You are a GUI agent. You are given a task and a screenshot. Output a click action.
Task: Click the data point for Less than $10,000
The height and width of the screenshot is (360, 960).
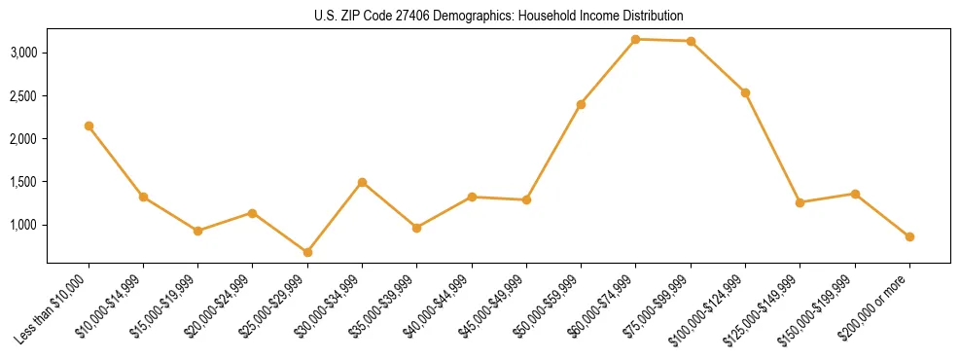point(89,126)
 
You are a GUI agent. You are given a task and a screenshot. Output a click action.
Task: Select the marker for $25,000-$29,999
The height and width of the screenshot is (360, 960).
point(307,252)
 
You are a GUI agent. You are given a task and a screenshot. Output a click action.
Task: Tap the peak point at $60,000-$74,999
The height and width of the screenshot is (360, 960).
point(635,39)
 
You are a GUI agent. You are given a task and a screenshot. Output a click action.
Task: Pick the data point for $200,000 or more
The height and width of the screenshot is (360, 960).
point(909,236)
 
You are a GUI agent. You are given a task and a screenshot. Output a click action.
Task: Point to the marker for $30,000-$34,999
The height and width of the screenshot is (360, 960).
point(362,182)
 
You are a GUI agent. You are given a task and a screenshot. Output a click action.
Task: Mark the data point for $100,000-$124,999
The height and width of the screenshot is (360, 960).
point(745,92)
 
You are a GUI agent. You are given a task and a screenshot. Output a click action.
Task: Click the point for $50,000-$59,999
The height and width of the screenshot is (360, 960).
point(581,104)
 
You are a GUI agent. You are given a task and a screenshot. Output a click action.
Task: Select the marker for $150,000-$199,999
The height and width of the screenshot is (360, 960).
point(855,194)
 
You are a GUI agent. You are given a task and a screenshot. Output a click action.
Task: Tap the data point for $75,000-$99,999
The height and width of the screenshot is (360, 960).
point(691,41)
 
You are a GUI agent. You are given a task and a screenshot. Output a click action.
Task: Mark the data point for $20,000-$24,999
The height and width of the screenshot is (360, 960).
point(252,212)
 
